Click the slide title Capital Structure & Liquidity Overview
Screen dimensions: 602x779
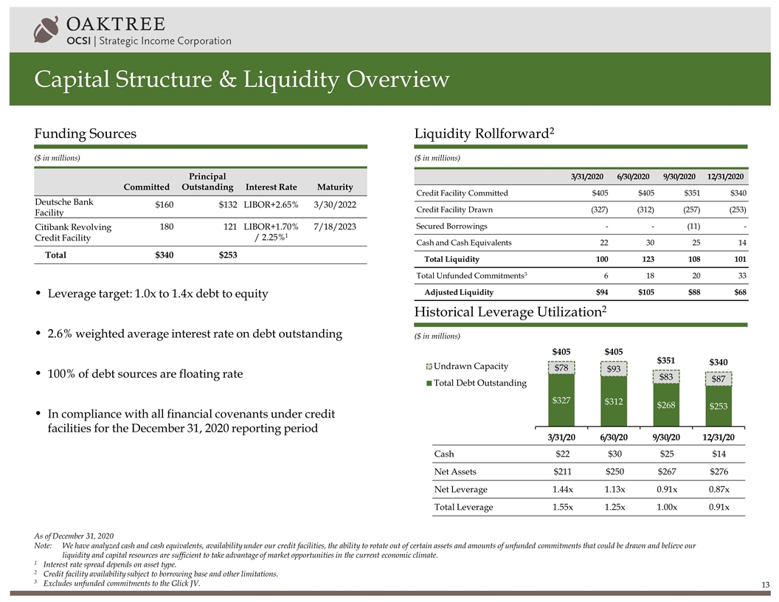241,79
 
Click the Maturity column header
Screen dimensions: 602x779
334,187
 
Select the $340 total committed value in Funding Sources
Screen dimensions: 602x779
154,255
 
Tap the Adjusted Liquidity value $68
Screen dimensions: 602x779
738,292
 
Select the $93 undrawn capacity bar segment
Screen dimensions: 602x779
612,367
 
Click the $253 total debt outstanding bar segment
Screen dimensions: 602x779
718,406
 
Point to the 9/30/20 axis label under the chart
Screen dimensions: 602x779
665,437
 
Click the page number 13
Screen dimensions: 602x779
766,586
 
